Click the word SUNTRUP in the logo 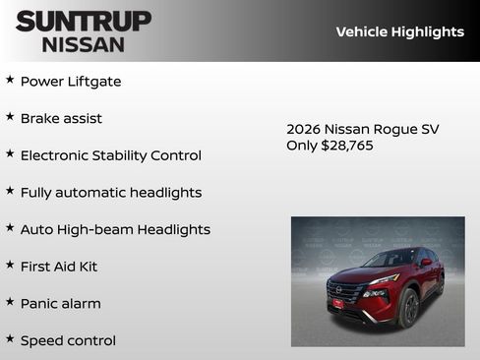pyautogui.click(x=83, y=20)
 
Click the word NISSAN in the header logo pyautogui.click(x=83, y=44)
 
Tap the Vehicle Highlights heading pyautogui.click(x=399, y=31)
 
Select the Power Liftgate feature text pyautogui.click(x=71, y=82)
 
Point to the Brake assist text pyautogui.click(x=61, y=119)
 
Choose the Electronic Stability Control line pyautogui.click(x=110, y=155)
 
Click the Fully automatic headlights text pyautogui.click(x=110, y=193)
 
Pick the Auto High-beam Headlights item pyautogui.click(x=115, y=229)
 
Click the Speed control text pyautogui.click(x=68, y=340)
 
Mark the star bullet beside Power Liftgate pyautogui.click(x=10, y=80)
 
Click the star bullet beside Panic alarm pyautogui.click(x=10, y=302)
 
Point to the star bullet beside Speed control pyautogui.click(x=10, y=338)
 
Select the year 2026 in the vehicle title pyautogui.click(x=304, y=129)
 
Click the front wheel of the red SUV pyautogui.click(x=409, y=307)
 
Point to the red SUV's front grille pyautogui.click(x=344, y=292)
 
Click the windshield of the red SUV pyautogui.click(x=390, y=259)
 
